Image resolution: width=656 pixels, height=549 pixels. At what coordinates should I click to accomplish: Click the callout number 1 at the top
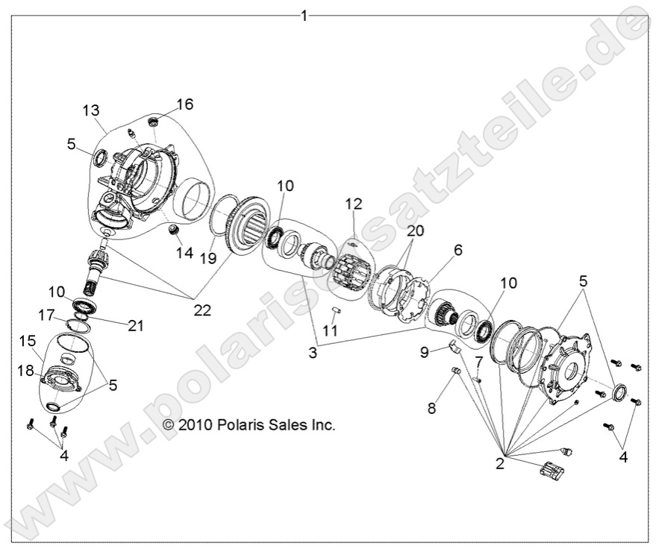(304, 14)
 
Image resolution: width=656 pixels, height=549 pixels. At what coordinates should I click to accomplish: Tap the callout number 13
(91, 111)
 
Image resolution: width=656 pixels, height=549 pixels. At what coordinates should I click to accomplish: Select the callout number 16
(184, 104)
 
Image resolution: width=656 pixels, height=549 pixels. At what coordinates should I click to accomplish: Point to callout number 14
(184, 252)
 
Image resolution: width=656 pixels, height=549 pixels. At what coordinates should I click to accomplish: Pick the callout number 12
(353, 203)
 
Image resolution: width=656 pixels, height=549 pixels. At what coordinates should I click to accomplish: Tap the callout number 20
(416, 231)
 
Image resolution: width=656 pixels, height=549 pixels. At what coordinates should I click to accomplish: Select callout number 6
(458, 251)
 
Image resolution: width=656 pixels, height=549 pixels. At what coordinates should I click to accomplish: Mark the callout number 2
(500, 462)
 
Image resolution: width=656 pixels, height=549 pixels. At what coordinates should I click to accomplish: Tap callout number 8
(431, 408)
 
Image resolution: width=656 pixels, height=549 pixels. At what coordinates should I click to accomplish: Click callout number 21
(135, 325)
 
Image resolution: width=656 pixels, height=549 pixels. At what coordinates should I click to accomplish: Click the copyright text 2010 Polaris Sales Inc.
(249, 424)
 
